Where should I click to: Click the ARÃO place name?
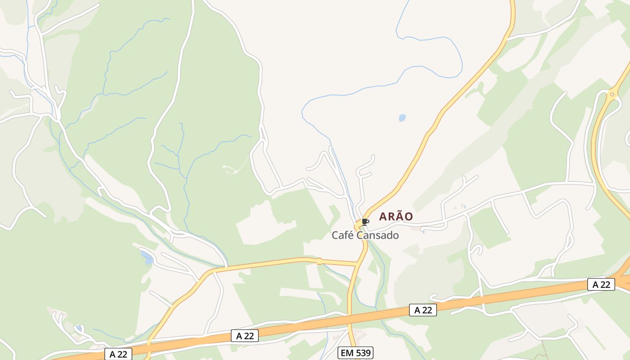point(396,216)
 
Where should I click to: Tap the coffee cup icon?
point(365,221)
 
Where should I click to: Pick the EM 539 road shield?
point(355,353)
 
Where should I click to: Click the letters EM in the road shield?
point(347,353)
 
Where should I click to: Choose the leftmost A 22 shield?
point(118,354)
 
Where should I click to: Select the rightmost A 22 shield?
point(601,284)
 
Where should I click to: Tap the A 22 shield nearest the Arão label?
point(423,310)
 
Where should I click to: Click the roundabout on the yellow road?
point(612,94)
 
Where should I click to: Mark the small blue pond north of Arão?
point(402,118)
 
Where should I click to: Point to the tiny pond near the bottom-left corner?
point(79,328)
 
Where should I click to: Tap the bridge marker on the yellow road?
point(319,261)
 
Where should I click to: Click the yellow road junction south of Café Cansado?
point(358,264)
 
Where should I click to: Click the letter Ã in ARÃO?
point(396,216)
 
